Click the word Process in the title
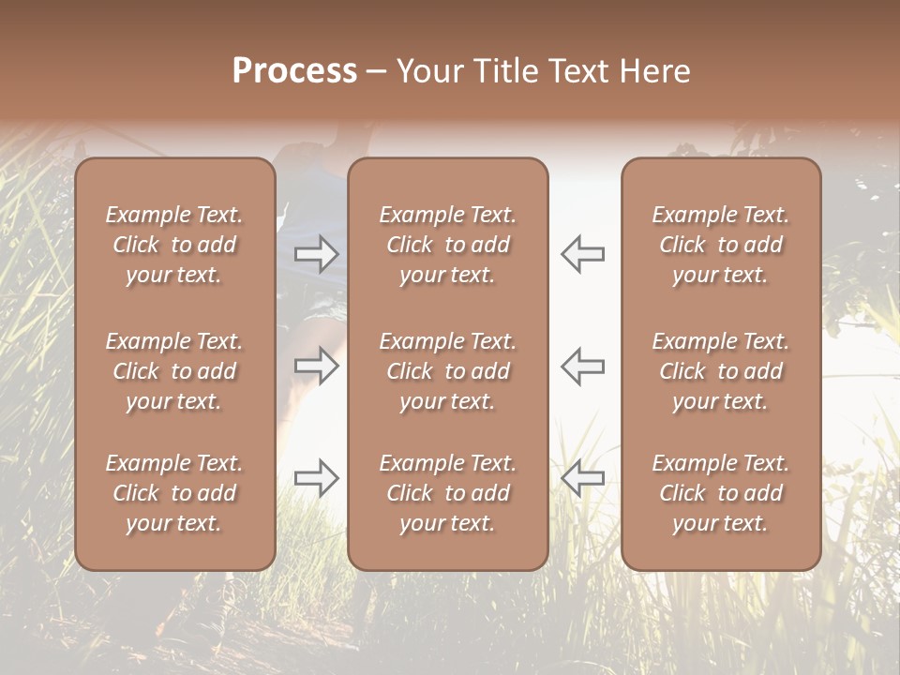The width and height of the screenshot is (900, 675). [294, 71]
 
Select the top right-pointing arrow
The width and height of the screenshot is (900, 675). [317, 253]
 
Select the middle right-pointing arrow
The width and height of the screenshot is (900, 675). [317, 366]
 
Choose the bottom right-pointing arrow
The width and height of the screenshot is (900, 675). [317, 478]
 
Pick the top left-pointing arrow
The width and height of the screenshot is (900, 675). [582, 253]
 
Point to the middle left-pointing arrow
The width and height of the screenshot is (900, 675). [582, 366]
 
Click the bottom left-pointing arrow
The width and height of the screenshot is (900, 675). [582, 478]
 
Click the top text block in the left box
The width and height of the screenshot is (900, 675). [174, 245]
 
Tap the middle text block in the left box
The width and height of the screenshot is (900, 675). [174, 371]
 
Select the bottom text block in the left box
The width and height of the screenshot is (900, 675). [174, 493]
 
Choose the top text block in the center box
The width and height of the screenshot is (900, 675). [448, 245]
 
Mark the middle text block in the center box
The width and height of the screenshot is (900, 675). [448, 371]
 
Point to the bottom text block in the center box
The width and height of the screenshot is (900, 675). [448, 493]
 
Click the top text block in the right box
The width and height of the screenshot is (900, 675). [721, 245]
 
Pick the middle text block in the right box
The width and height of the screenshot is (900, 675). [721, 371]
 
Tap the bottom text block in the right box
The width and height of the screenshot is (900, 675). [721, 493]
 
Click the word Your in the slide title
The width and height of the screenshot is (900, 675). [430, 71]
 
